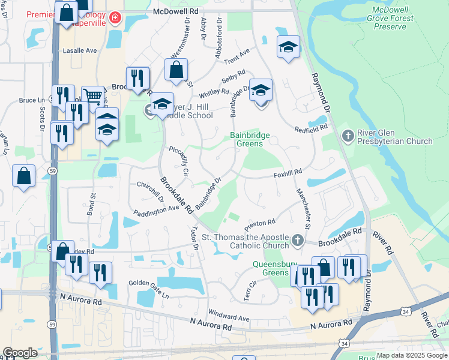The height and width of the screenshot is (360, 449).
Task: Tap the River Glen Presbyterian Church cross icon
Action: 347,136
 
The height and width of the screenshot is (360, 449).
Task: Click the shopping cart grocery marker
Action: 92,96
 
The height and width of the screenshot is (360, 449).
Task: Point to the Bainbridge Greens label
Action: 250,140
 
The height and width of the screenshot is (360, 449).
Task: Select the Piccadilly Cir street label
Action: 179,160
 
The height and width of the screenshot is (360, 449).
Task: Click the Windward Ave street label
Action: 229,314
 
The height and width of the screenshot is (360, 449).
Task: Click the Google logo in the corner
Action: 20,353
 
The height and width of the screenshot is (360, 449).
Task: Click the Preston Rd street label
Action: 259,224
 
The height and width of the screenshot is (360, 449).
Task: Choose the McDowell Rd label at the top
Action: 175,11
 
